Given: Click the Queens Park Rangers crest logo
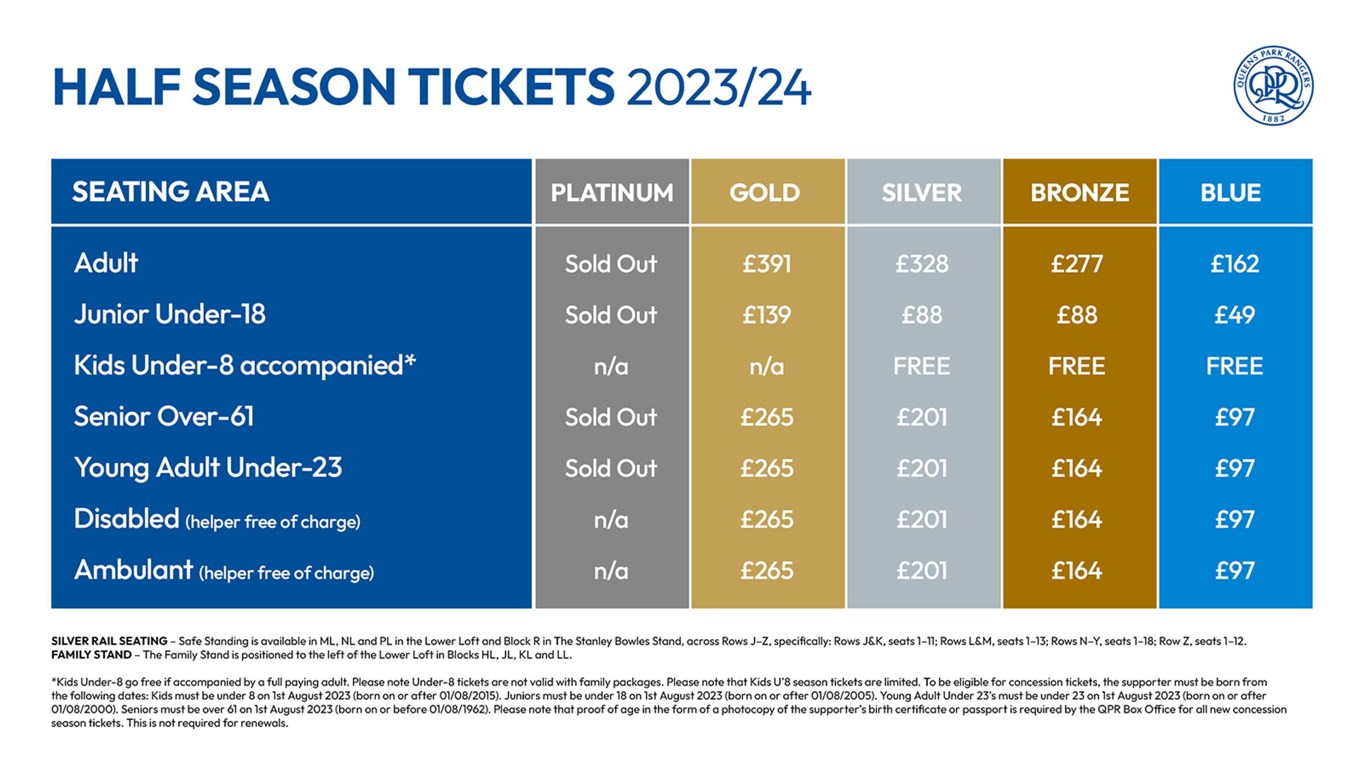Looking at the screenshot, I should coord(1273,85).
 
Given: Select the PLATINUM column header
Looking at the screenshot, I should coord(612,192).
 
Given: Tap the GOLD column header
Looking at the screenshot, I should coord(765,192).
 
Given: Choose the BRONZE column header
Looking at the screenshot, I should coord(1079,192).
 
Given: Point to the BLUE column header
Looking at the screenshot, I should coord(1231,192).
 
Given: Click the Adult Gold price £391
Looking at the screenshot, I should coord(767,264).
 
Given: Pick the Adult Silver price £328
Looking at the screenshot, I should coord(922,264).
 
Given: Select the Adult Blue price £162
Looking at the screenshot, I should coord(1235,264).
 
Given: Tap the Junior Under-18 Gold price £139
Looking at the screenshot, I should coord(767,315).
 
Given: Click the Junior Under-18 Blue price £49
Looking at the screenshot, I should coord(1235,315).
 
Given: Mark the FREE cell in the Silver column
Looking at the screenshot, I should coord(922,366).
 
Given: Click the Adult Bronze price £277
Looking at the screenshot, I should coord(1077,264).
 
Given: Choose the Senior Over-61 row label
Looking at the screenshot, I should coord(164,417).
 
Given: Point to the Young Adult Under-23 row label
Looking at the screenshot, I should coord(208,468).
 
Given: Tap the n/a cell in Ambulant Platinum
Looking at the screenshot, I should coord(611,571).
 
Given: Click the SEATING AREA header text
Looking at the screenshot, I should coord(170,192).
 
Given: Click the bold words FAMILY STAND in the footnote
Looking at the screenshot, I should coord(91,655).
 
